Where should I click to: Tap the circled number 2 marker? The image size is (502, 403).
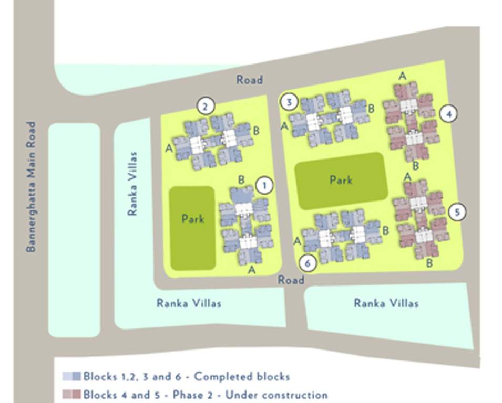206,107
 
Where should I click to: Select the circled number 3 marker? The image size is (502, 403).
289,102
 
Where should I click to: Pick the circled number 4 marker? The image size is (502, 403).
448,113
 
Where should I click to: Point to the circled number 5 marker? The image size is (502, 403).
457,212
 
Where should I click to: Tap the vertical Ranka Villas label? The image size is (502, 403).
132,184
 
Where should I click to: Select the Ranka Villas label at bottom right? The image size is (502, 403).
386,303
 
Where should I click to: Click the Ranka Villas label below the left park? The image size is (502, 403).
189,303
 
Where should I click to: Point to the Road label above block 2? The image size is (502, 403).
249,80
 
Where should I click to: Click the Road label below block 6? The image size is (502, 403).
291,280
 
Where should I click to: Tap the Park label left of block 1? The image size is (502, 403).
192,218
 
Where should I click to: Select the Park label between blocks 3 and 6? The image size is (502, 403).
341,180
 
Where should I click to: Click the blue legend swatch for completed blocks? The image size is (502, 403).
71,376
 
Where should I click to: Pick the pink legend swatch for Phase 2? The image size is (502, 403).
71,395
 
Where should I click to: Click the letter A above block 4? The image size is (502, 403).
403,76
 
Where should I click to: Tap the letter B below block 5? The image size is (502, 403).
429,263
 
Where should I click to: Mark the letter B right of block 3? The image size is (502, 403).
371,109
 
